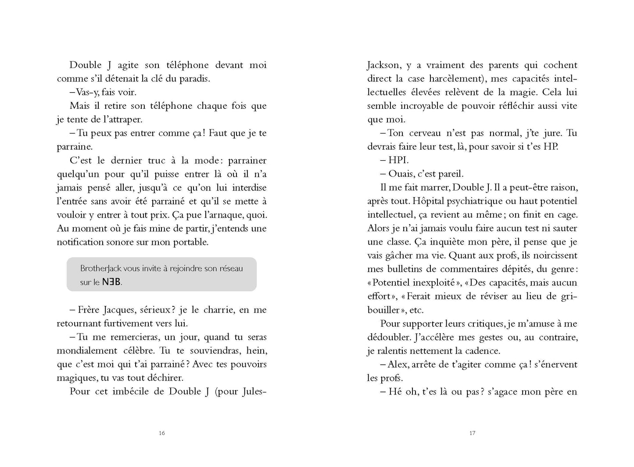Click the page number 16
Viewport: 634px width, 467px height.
[162, 433]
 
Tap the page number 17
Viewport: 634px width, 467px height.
[472, 433]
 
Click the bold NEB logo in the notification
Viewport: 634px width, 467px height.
[111, 282]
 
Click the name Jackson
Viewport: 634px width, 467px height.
[383, 65]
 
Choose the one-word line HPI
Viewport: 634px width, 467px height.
[398, 160]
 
